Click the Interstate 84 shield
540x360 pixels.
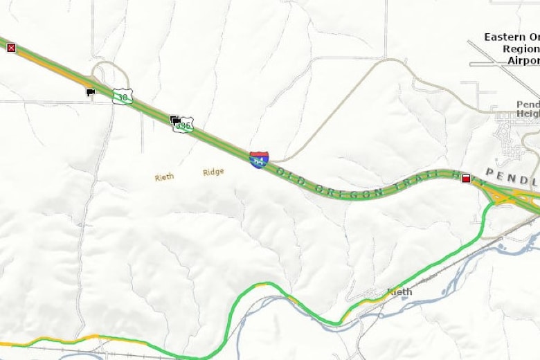pyautogui.click(x=259, y=161)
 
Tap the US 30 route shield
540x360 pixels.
pyautogui.click(x=122, y=96)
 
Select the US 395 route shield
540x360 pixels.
pyautogui.click(x=183, y=125)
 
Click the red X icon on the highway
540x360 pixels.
pyautogui.click(x=11, y=47)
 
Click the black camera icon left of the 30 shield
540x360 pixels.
pyautogui.click(x=91, y=92)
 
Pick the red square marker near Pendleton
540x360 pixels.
pyautogui.click(x=466, y=178)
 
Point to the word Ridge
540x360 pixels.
pyautogui.click(x=213, y=172)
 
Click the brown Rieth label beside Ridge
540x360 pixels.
pyautogui.click(x=164, y=177)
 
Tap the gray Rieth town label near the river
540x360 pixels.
pyautogui.click(x=399, y=291)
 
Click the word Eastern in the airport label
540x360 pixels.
pyautogui.click(x=511, y=37)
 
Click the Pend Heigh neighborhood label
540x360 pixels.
pyautogui.click(x=528, y=109)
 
